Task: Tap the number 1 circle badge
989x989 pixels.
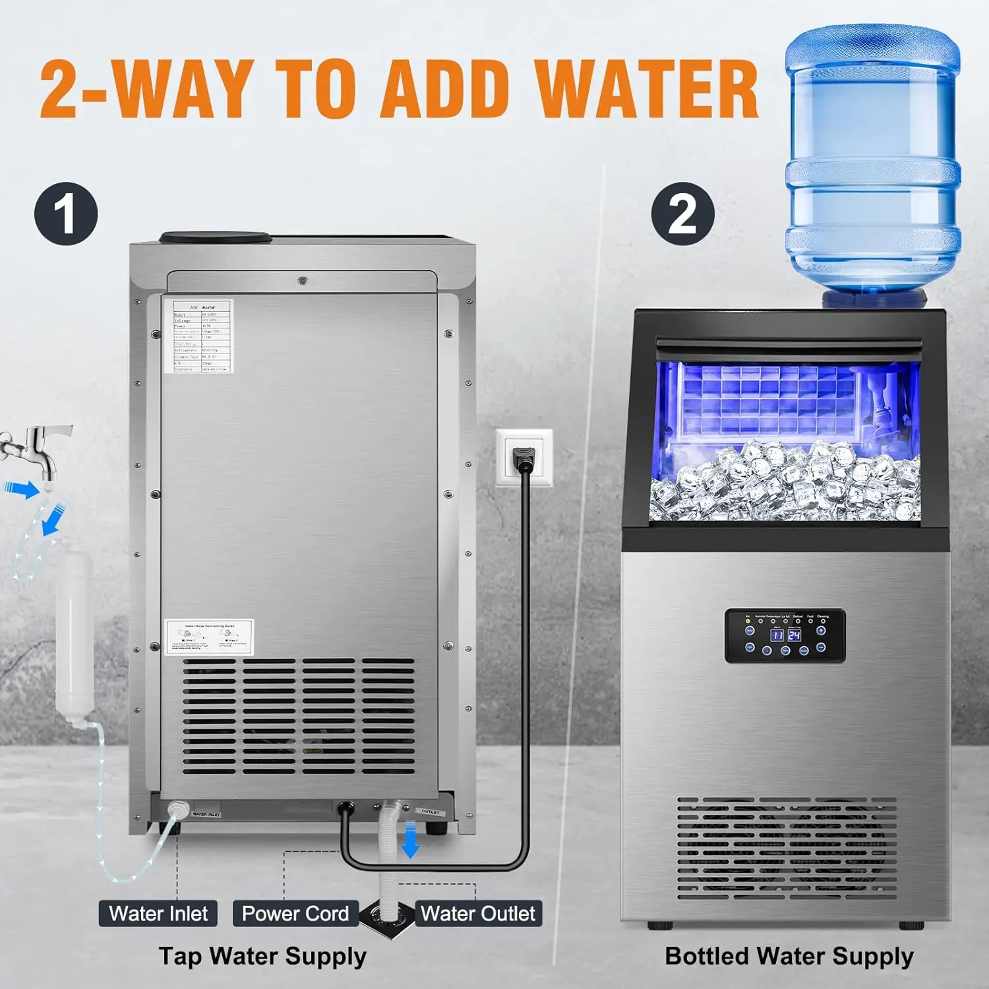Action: point(66,214)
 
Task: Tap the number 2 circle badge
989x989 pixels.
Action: point(682,214)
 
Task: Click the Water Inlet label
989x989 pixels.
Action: point(158,913)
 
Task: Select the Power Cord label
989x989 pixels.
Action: point(295,913)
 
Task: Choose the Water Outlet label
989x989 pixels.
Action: point(478,913)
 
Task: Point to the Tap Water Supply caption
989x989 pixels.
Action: point(262,956)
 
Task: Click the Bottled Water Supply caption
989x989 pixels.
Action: point(789,956)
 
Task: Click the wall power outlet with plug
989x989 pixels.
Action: point(525,458)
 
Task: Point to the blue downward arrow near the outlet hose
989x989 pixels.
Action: point(410,839)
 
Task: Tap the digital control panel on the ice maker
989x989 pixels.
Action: point(785,635)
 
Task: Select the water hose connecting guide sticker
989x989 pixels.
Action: point(209,637)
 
